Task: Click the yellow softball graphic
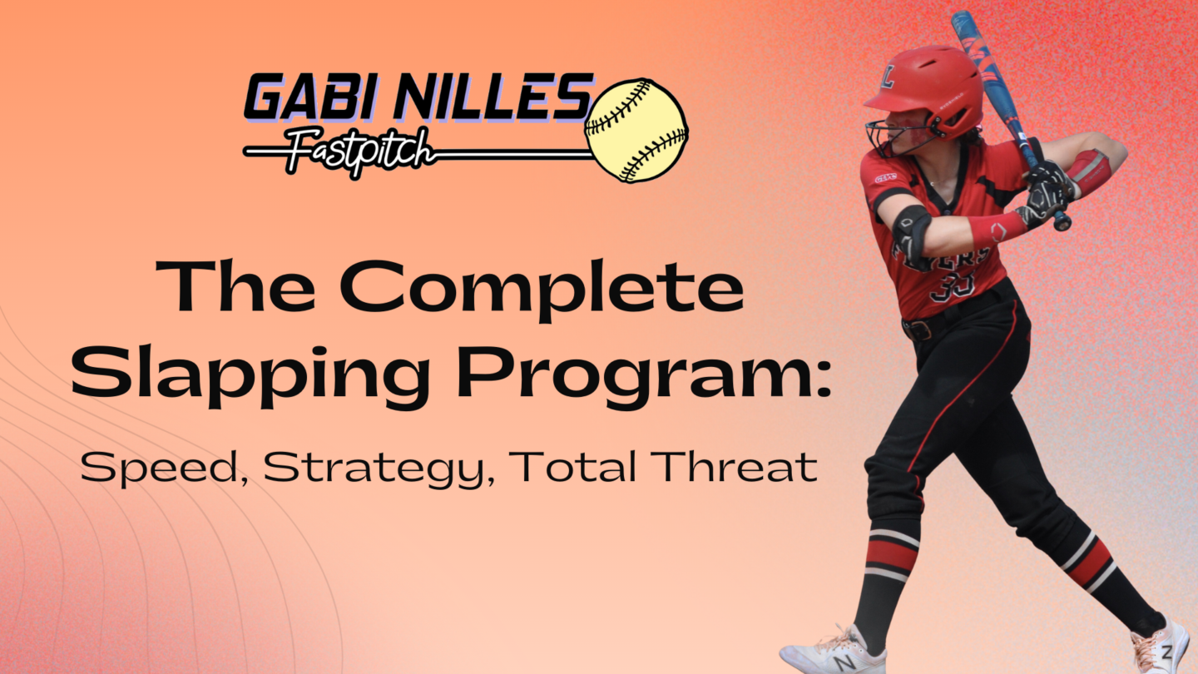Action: click(x=636, y=131)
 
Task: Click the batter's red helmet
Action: click(x=925, y=91)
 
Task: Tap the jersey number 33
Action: click(x=953, y=288)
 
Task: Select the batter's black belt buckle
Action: click(x=919, y=330)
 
